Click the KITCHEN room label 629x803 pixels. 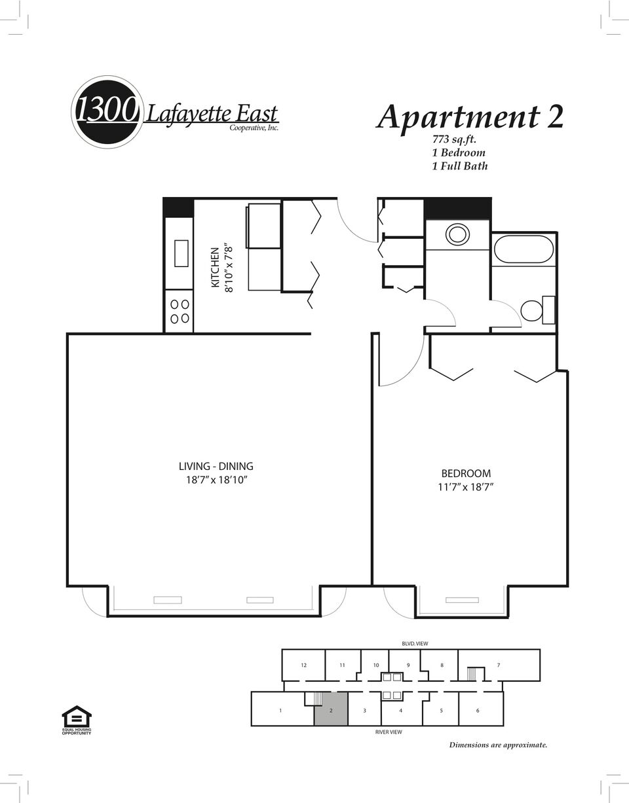click(x=215, y=268)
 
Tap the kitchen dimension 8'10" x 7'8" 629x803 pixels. click(x=229, y=268)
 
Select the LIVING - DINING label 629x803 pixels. click(x=216, y=466)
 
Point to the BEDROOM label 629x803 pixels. click(x=466, y=473)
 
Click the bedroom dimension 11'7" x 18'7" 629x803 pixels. click(x=466, y=487)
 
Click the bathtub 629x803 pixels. click(x=524, y=249)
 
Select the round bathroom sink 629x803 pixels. click(x=457, y=234)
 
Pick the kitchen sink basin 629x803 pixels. click(x=181, y=253)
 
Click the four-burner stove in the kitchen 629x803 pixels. click(x=180, y=311)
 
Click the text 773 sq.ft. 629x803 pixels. click(x=454, y=139)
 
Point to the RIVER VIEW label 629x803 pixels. click(x=389, y=732)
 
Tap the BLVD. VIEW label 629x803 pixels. click(x=415, y=643)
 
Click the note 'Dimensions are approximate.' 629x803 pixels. click(x=498, y=745)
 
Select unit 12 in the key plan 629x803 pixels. click(x=303, y=665)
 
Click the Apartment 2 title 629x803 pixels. click(x=470, y=116)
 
